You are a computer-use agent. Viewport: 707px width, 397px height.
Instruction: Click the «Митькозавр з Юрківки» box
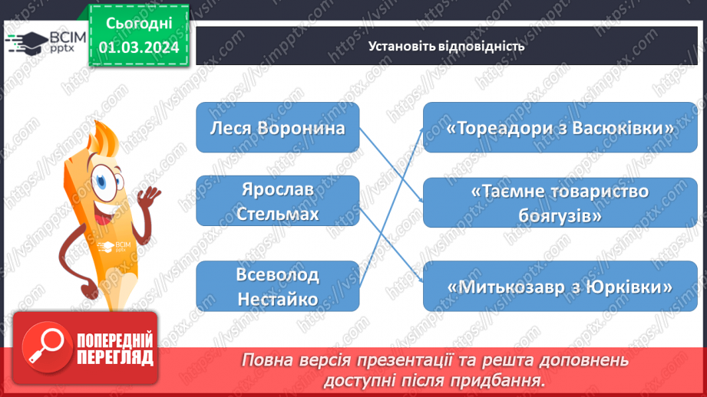[560, 286]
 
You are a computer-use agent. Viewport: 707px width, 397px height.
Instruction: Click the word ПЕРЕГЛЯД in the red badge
[115, 357]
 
